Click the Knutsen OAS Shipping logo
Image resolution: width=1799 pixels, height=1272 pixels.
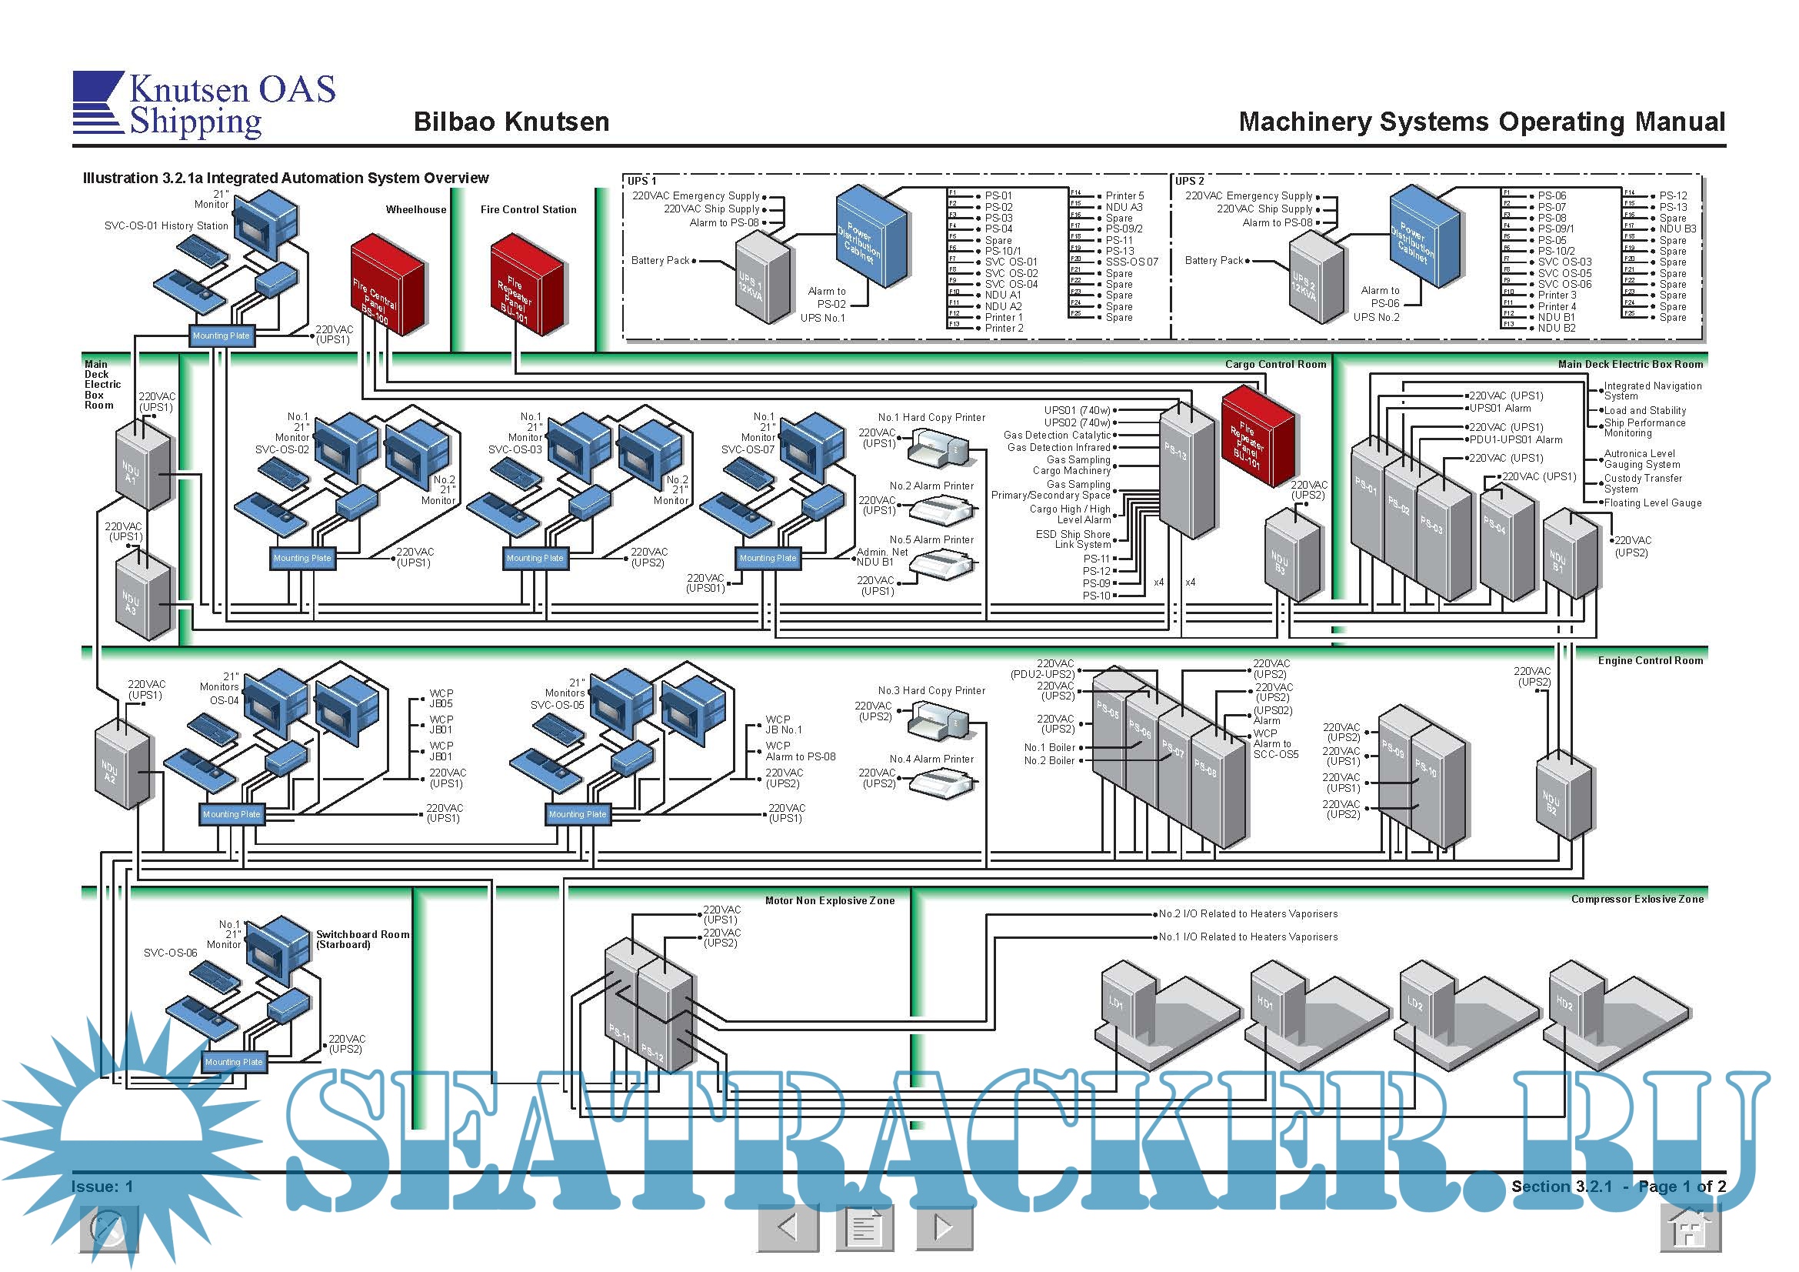click(204, 105)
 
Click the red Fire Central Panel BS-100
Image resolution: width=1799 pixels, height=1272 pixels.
click(387, 285)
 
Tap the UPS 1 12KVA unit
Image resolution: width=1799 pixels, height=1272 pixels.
click(761, 279)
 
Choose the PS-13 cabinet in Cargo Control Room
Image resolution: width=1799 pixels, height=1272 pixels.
click(1186, 472)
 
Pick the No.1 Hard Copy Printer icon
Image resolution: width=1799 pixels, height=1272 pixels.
click(938, 450)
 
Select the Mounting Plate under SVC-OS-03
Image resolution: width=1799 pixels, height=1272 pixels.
click(535, 558)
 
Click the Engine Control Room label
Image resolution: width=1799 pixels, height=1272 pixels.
click(1650, 661)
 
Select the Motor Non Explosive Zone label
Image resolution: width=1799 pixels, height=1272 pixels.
click(829, 900)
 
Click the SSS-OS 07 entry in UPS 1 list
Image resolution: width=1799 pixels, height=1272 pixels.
click(1131, 262)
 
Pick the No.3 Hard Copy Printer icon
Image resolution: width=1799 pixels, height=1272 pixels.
click(938, 720)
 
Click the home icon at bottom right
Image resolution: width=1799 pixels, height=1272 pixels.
click(1690, 1227)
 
